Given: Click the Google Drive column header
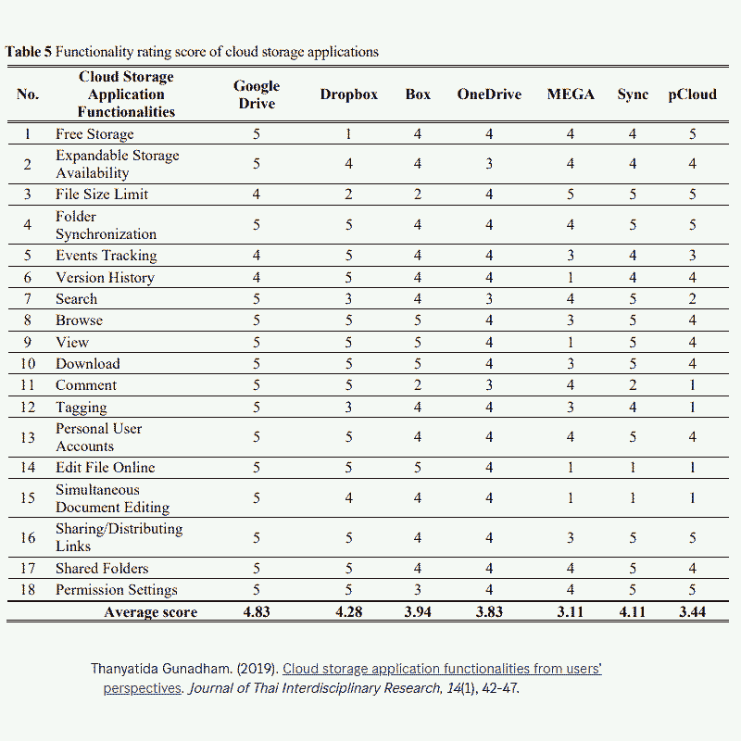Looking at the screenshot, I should click(x=257, y=94).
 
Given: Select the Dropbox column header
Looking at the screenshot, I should click(x=349, y=94).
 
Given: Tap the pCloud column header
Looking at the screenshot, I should click(x=692, y=94).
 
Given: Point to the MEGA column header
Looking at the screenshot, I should click(x=571, y=94).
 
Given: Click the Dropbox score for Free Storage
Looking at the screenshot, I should click(x=349, y=134).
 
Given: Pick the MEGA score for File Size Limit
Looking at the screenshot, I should click(x=571, y=195).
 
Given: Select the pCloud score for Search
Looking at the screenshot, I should click(x=692, y=299).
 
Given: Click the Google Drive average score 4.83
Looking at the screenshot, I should click(x=257, y=612).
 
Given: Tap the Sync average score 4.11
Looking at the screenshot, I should click(x=634, y=612).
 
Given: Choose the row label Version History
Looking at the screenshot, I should click(x=105, y=278).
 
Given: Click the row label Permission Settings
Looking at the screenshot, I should click(x=116, y=590).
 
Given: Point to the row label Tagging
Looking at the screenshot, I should click(x=81, y=408).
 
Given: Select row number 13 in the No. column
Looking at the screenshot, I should click(x=28, y=437).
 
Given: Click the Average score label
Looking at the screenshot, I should click(x=151, y=612).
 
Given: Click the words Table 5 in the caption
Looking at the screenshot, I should click(x=29, y=52).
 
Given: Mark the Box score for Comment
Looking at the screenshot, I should click(x=418, y=385).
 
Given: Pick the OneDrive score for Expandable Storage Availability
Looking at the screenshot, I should click(x=489, y=164).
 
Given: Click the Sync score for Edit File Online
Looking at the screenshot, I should click(x=634, y=468).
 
